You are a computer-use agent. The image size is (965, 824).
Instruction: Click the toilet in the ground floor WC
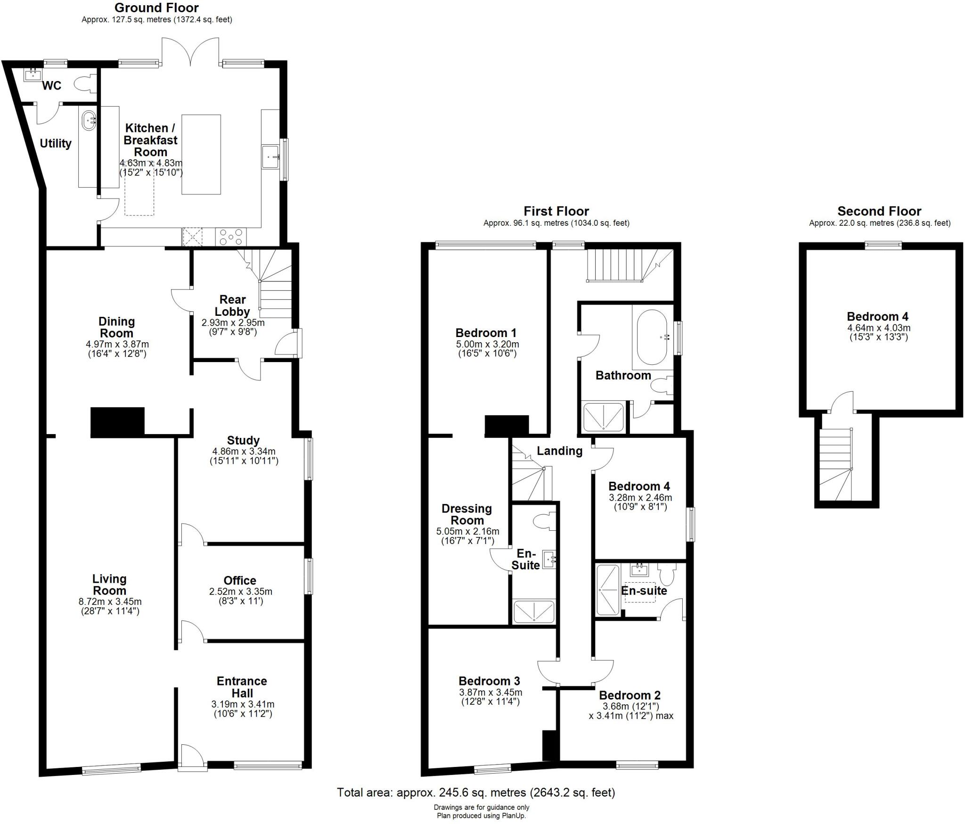tap(83, 85)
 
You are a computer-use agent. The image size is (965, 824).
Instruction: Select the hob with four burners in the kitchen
tap(231, 237)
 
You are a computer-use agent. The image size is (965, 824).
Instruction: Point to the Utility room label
tap(56, 143)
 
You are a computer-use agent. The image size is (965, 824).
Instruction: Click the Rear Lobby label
tap(232, 305)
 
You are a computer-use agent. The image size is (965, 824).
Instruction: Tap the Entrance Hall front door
tap(191, 758)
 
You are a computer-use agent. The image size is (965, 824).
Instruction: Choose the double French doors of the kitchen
tap(191, 52)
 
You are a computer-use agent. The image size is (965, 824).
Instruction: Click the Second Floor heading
tap(879, 211)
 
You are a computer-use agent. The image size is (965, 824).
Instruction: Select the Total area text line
tap(476, 792)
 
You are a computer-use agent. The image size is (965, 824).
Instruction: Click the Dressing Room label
tap(466, 514)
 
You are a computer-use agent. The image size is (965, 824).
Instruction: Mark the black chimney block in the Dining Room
tap(117, 422)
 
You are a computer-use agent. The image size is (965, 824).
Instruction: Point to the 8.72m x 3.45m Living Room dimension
tap(110, 602)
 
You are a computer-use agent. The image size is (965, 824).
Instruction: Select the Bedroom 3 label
tap(489, 681)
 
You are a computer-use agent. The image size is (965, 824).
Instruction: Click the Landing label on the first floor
tap(559, 451)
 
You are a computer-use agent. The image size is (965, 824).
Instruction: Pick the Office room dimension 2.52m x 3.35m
tap(240, 591)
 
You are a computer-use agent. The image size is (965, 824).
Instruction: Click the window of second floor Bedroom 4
tap(883, 245)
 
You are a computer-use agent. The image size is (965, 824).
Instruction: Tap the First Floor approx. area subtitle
tap(556, 223)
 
